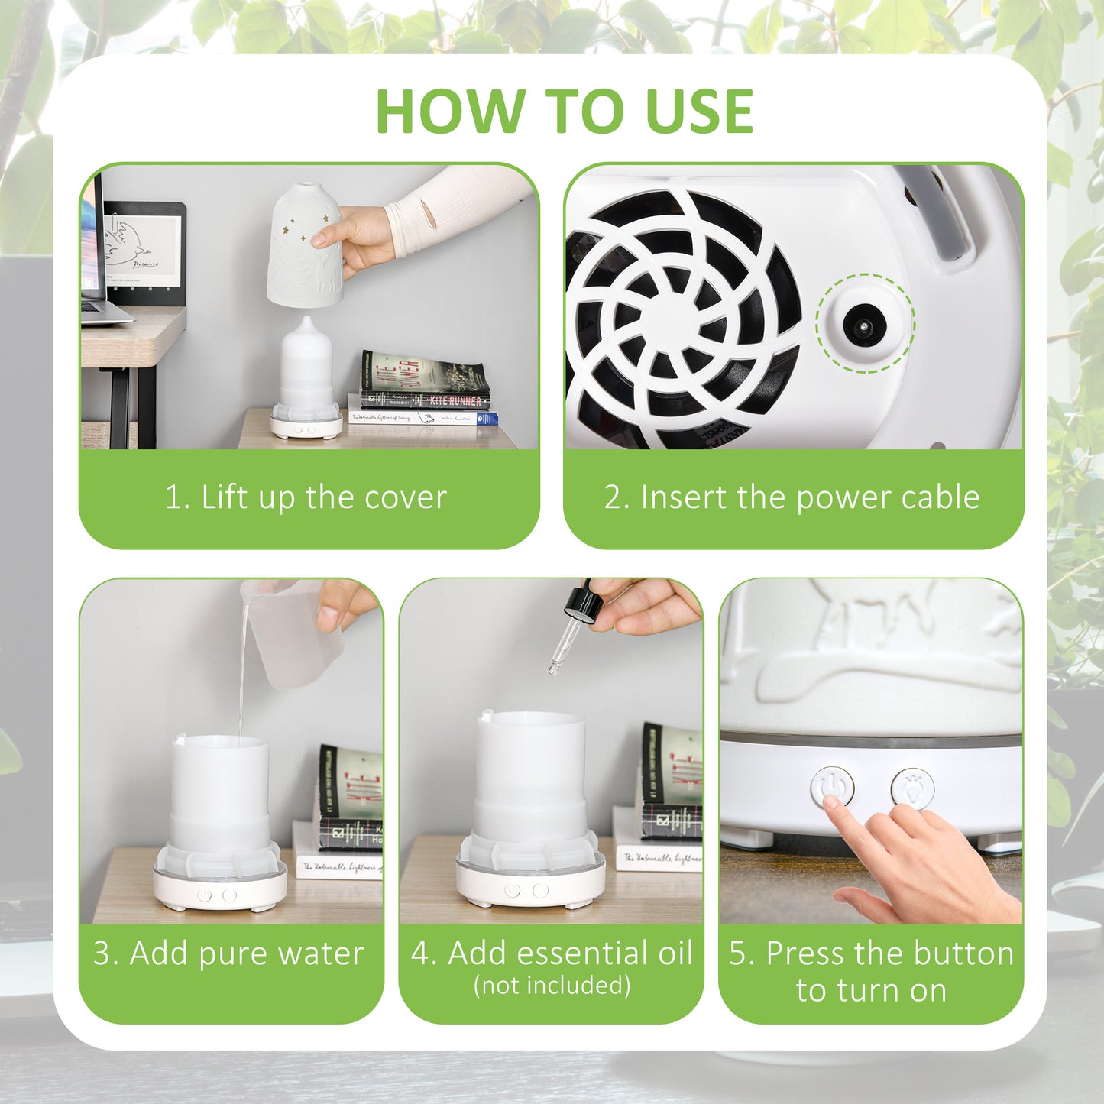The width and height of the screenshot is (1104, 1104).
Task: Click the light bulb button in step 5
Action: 912,788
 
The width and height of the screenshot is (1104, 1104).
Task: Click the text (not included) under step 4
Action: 552,986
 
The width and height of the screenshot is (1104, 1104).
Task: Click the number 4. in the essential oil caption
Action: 425,953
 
